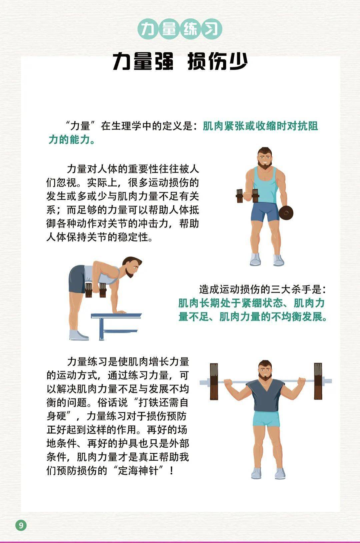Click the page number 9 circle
21,525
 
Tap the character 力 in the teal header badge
148,29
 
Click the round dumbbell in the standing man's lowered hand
285,213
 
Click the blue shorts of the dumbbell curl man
265,212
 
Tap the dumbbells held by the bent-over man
96,290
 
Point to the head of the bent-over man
132,266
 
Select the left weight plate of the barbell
214,381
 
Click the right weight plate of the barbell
318,381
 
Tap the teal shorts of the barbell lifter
266,419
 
